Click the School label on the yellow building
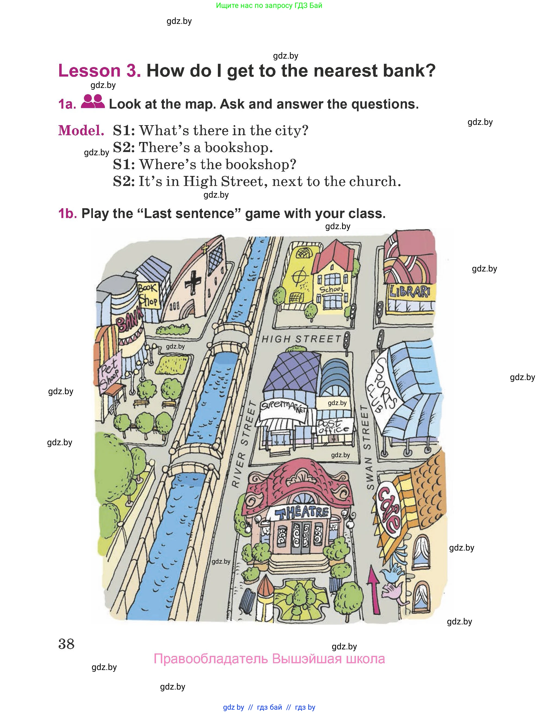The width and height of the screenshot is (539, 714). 332,289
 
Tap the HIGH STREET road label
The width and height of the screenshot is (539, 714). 301,339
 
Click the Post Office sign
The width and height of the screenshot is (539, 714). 333,426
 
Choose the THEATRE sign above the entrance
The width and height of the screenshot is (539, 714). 302,512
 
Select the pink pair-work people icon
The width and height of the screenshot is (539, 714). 93,101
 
